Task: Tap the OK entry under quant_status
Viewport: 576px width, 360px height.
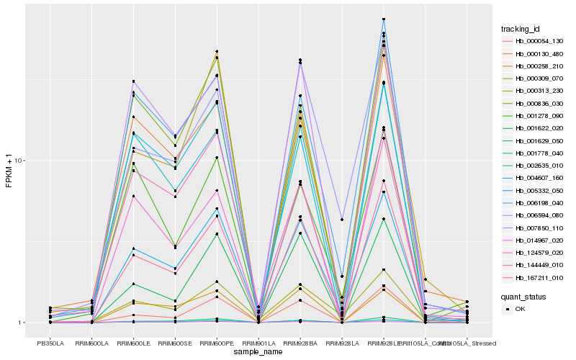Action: coord(520,308)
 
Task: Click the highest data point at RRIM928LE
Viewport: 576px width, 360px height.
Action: coord(384,19)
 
